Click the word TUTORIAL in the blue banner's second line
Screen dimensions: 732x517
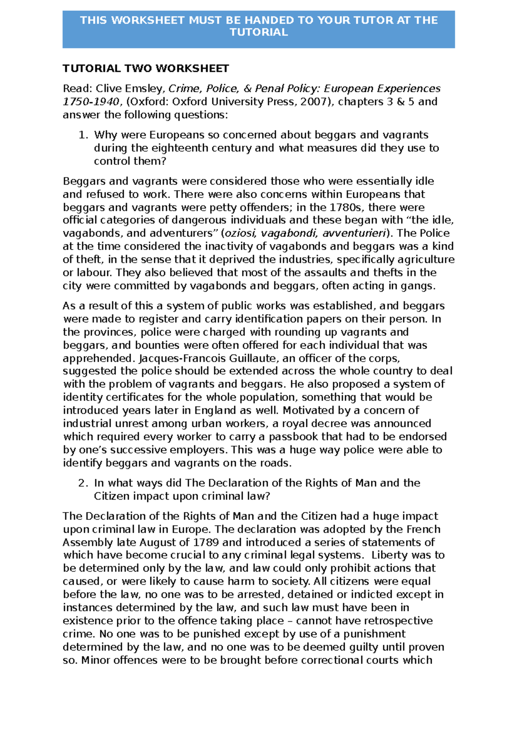coord(258,32)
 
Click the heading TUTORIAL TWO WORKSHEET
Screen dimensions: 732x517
coord(146,69)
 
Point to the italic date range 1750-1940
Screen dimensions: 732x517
coord(91,102)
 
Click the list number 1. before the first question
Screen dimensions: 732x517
coord(83,135)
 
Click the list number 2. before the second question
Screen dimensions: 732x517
coord(83,483)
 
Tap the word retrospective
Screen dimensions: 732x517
coord(399,621)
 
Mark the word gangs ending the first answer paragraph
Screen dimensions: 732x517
coord(420,286)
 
